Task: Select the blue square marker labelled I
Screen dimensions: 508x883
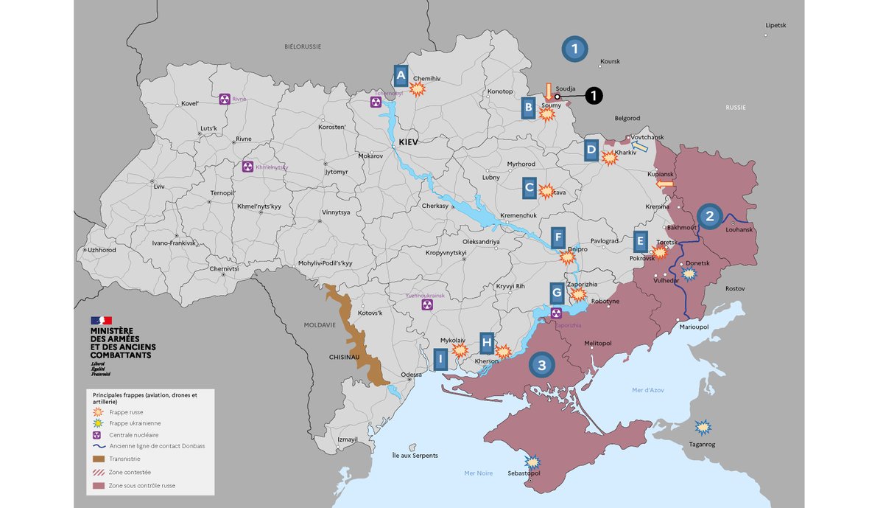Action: click(440, 360)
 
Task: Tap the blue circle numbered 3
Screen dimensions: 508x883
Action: click(541, 364)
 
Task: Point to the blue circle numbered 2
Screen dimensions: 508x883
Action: click(709, 216)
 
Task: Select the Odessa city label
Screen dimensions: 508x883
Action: click(412, 375)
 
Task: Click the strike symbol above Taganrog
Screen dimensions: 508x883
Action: click(703, 428)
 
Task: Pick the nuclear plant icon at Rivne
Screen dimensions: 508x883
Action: click(225, 99)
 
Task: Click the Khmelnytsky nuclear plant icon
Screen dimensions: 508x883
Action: click(247, 167)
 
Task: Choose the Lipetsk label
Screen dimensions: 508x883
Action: click(775, 25)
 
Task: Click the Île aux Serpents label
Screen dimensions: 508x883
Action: click(415, 456)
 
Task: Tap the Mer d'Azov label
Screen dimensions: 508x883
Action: click(648, 390)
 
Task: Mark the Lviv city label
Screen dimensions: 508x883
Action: click(159, 187)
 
